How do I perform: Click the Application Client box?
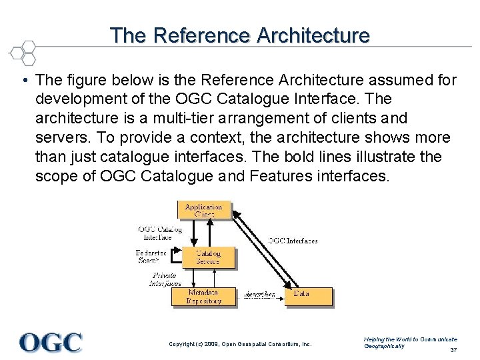pyautogui.click(x=204, y=210)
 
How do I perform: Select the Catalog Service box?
pyautogui.click(x=208, y=257)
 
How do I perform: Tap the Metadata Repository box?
pyautogui.click(x=203, y=297)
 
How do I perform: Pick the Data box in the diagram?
pyautogui.click(x=309, y=294)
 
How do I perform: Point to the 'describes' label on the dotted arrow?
pyautogui.click(x=259, y=295)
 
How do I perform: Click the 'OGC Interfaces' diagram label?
pyautogui.click(x=293, y=241)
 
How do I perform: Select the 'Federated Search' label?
pyautogui.click(x=151, y=257)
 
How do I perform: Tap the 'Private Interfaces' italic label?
pyautogui.click(x=165, y=279)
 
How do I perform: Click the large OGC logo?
pyautogui.click(x=51, y=343)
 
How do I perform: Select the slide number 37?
pyautogui.click(x=453, y=350)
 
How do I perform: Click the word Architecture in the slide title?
pyautogui.click(x=309, y=35)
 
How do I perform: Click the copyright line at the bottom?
pyautogui.click(x=240, y=344)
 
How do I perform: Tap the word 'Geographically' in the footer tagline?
pyautogui.click(x=384, y=346)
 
